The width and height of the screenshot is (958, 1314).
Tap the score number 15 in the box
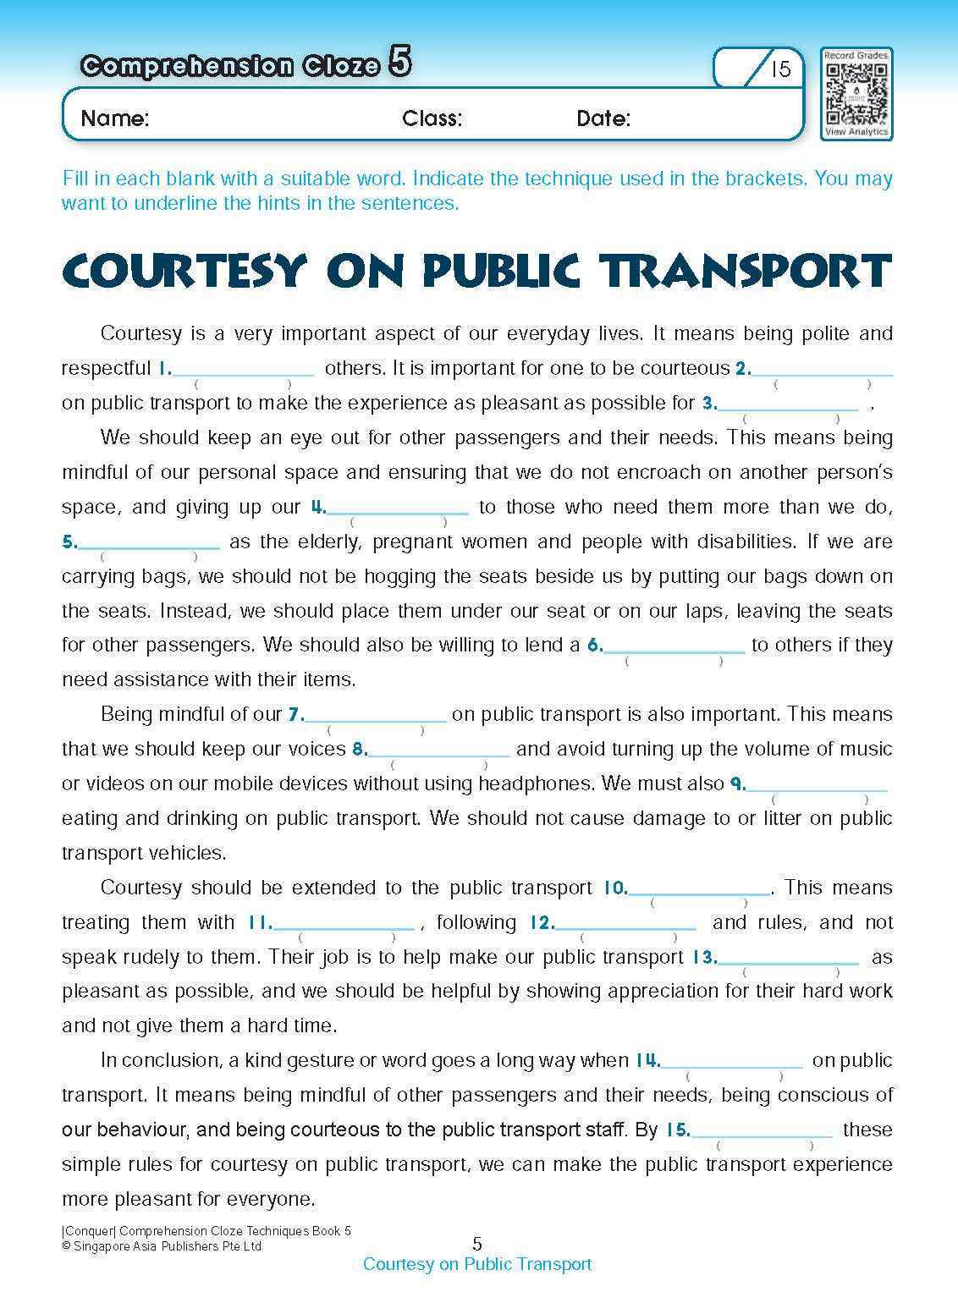[x=780, y=69]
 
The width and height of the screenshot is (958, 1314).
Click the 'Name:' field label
[x=114, y=118]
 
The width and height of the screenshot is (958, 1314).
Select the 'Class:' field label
[x=432, y=118]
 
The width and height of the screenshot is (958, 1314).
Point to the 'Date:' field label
[x=603, y=118]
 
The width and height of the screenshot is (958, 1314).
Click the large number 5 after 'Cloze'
[x=400, y=63]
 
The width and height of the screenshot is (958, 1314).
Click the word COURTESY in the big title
[x=182, y=271]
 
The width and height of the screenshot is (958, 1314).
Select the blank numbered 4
[x=398, y=509]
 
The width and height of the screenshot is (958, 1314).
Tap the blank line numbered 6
[x=674, y=647]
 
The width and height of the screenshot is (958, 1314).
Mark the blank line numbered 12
[x=625, y=925]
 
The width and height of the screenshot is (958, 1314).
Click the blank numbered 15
[x=763, y=1132]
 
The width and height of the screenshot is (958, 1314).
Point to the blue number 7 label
[x=295, y=715]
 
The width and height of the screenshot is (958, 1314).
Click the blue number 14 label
[x=647, y=1060]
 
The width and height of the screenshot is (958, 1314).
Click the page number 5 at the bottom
[x=477, y=1244]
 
